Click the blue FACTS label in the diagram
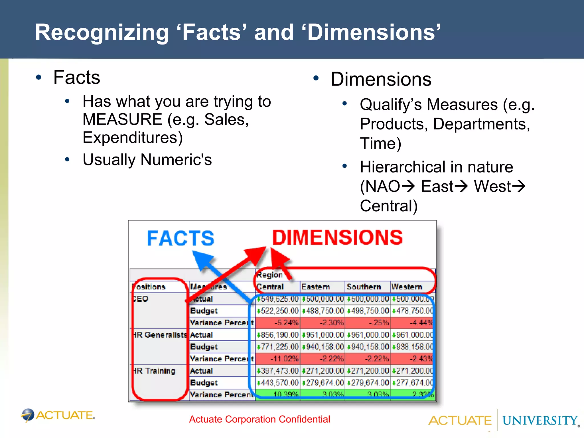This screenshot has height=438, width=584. pos(180,238)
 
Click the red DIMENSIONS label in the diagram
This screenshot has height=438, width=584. pos(337,238)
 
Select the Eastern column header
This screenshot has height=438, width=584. pos(315,287)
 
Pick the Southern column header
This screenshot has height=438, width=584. pos(364,287)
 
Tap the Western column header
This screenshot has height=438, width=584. pos(407,287)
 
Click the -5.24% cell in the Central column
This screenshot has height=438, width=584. pos(286,323)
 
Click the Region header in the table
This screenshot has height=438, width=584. pos(269,275)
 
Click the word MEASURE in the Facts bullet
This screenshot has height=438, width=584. pos(122,119)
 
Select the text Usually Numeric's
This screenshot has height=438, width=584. pos(147,160)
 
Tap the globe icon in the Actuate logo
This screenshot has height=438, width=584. pos(28,415)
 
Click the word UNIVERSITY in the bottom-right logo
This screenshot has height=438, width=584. pos(540,421)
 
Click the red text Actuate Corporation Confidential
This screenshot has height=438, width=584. pos(259,419)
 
